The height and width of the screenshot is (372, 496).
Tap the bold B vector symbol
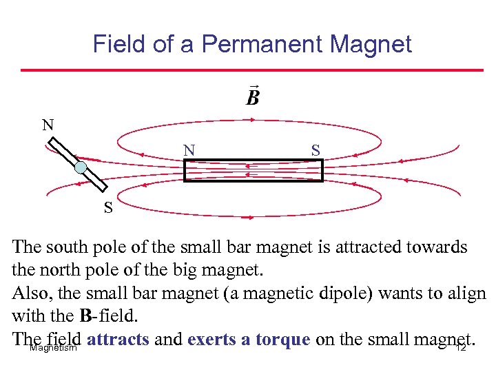(253, 96)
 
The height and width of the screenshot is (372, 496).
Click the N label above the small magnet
(47, 125)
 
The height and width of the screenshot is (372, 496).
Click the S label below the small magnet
(108, 207)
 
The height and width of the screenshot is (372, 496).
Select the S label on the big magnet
(315, 150)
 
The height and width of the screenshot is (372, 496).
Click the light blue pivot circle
(81, 167)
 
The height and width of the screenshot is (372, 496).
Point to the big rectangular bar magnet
(253, 170)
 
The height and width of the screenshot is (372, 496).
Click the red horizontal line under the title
(252, 70)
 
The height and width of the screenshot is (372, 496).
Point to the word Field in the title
(119, 45)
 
